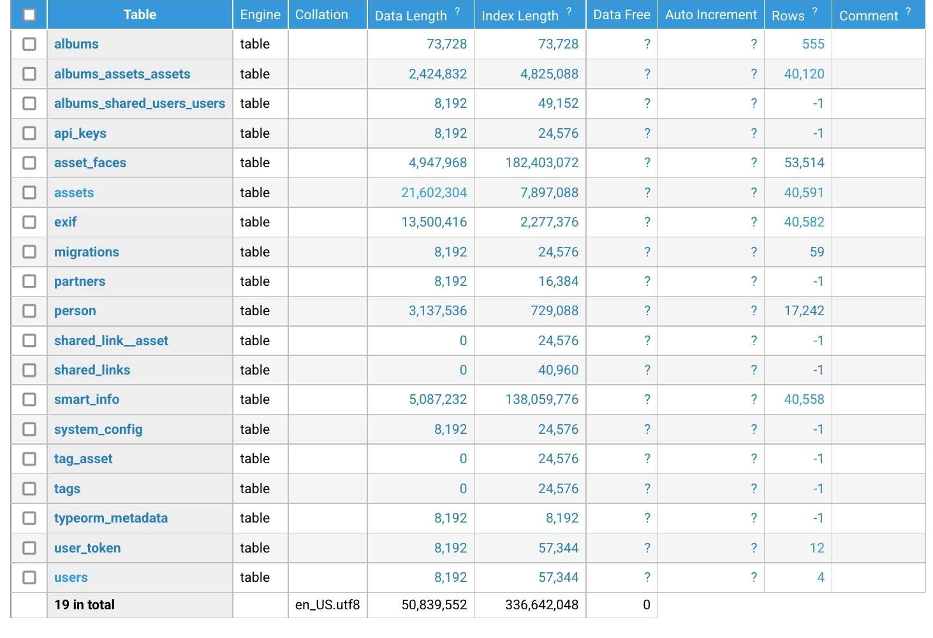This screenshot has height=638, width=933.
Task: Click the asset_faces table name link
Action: point(90,163)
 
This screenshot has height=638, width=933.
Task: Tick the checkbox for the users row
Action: point(29,577)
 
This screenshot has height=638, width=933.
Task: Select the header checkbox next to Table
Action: point(29,15)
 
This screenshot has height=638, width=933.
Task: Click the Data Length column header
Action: point(411,15)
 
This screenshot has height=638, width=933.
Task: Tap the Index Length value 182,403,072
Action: point(541,163)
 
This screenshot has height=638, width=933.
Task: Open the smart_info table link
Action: point(87,399)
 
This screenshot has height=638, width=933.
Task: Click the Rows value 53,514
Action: point(804,163)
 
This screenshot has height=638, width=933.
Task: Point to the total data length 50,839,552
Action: point(434,605)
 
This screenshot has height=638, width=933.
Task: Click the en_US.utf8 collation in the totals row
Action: point(327,605)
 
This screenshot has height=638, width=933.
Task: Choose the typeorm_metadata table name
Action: point(111,518)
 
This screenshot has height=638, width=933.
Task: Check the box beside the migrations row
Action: point(29,252)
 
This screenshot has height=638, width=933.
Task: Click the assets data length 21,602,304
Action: point(434,193)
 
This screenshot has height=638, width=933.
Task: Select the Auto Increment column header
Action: point(710,15)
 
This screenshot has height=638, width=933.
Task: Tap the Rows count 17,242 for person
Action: point(804,311)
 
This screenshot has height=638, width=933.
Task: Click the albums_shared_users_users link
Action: point(140,103)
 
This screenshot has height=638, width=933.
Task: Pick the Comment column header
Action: point(868,15)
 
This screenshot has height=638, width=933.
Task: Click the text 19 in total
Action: point(84,605)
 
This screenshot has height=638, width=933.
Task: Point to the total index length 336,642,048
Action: point(541,605)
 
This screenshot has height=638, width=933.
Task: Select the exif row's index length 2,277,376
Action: point(549,222)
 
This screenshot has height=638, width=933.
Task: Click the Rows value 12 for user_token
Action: point(816,548)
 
